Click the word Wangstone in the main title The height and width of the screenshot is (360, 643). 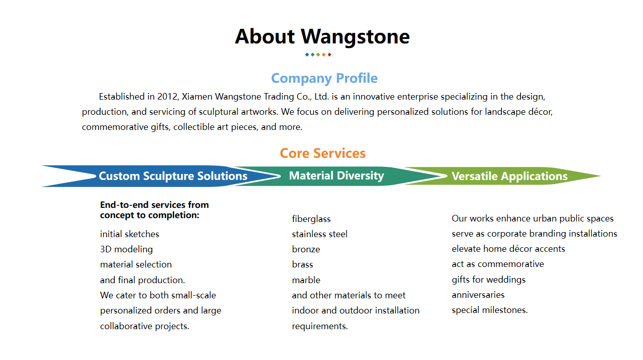(355, 37)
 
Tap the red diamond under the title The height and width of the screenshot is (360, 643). (329, 55)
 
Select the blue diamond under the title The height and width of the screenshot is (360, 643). (307, 55)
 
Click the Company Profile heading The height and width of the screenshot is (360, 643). (324, 78)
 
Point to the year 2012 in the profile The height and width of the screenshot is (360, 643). (167, 97)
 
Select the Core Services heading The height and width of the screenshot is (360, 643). (323, 153)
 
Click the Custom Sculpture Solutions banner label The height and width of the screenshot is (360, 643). (173, 176)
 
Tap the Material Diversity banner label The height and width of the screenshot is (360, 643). (336, 175)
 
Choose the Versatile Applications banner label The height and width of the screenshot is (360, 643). (509, 176)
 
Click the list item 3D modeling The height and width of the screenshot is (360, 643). (126, 249)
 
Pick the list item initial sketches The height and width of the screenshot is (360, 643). (130, 234)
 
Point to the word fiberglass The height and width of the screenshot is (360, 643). (311, 219)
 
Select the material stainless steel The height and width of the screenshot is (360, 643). (320, 234)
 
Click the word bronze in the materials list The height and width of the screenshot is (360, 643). (306, 249)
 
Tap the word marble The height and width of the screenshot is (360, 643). (306, 280)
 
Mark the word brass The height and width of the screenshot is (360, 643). (302, 264)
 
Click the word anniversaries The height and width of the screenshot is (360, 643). (478, 295)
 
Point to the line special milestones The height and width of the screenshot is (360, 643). (490, 310)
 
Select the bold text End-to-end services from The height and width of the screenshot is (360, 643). (154, 205)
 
